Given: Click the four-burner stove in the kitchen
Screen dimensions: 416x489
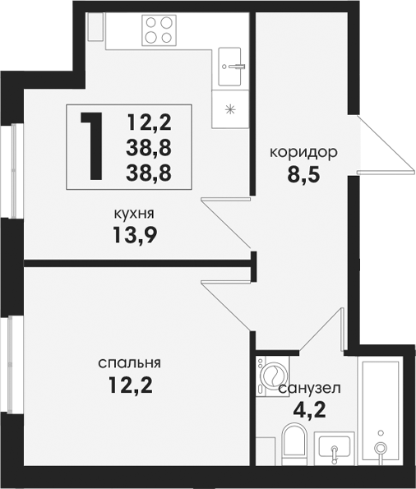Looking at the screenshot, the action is coord(159,30).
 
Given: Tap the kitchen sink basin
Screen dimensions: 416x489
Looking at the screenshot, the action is coord(230,67).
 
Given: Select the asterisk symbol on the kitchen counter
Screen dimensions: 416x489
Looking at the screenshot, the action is coord(230,109).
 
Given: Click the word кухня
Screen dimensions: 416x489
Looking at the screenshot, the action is coord(135,215).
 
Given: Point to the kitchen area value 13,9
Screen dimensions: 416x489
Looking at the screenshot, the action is coord(135,234).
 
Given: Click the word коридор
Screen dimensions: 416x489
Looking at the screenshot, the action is coord(303,154).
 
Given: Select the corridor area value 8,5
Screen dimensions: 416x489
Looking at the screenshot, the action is coord(303,175).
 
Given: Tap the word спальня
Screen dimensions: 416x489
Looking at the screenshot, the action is coord(130,363).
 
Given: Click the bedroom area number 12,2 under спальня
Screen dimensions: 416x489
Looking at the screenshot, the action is coord(131,385).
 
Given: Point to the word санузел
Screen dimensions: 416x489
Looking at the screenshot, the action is coord(310,389).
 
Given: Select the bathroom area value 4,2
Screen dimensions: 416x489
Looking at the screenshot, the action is coord(309,410).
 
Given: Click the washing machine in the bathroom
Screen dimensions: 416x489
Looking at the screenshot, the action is coord(272,376).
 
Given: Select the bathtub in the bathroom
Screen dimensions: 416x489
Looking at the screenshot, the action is coord(380,411).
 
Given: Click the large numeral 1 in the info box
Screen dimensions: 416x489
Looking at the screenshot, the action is coord(93,146).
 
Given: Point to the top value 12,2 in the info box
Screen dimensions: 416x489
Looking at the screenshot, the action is coord(150,122).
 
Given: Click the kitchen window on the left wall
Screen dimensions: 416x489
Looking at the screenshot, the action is coord(14,171).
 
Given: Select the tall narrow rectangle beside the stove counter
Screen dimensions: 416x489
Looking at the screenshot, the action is coord(95,26).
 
